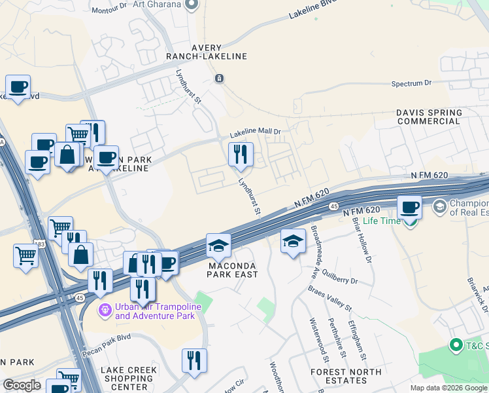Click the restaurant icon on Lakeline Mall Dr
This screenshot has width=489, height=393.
(x=240, y=154)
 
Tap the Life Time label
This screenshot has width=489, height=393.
(x=381, y=221)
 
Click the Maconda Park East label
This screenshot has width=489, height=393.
(x=229, y=270)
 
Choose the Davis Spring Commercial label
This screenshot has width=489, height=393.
(x=429, y=117)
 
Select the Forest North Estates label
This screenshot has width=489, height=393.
(x=346, y=377)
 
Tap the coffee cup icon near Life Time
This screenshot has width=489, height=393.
(x=410, y=207)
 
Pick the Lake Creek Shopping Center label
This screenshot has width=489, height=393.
(x=129, y=379)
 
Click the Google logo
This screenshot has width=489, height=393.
(x=22, y=385)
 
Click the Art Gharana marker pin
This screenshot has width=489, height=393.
(x=192, y=5)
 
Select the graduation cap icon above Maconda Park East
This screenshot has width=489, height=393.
(x=218, y=246)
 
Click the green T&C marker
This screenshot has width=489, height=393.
(x=456, y=345)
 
